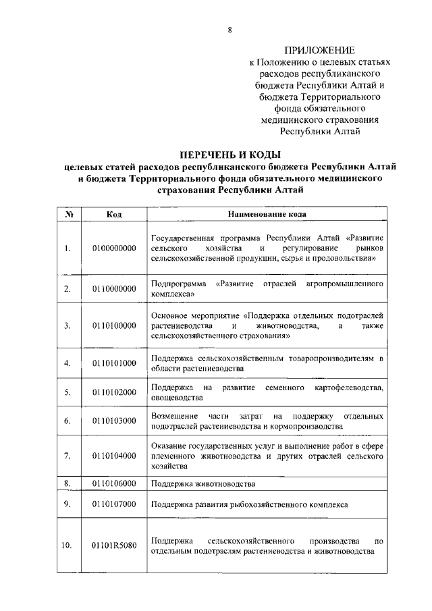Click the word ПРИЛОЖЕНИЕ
[319, 51]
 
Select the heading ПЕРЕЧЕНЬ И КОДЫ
[230, 155]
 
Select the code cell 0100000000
[114, 248]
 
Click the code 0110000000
[114, 289]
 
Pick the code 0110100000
[114, 325]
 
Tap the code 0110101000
[114, 363]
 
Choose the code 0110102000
[114, 392]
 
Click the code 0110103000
[114, 421]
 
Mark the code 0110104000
[114, 456]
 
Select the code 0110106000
[114, 483]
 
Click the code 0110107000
[114, 504]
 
